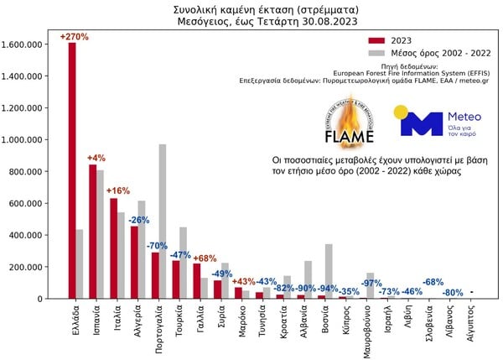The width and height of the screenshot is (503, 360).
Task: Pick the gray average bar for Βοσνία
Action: [x=329, y=271]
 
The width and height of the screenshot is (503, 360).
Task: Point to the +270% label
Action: [x=74, y=36]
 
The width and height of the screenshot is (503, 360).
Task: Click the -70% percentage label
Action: [x=157, y=245]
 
